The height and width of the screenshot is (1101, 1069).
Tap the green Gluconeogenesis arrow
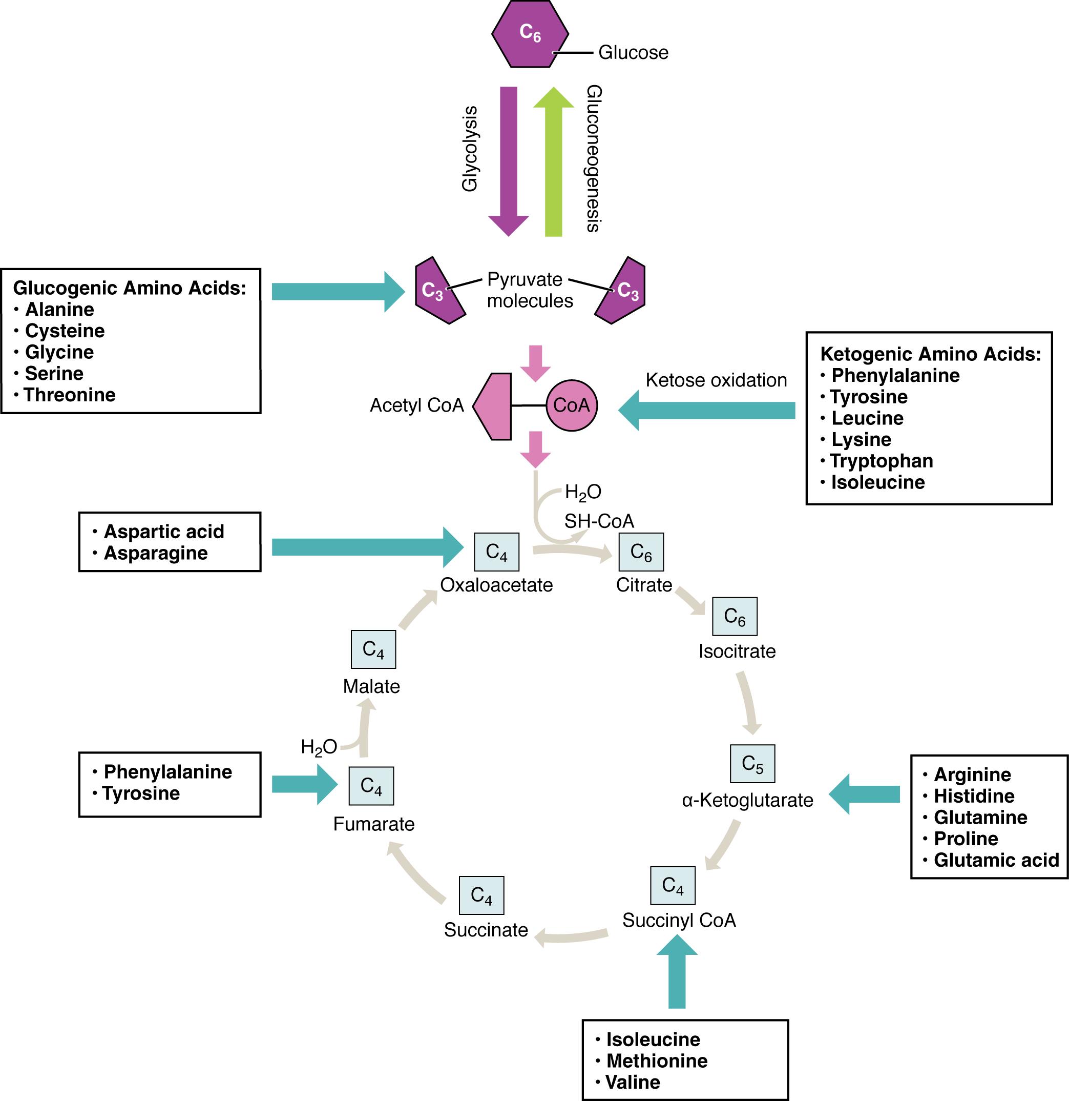[x=553, y=163]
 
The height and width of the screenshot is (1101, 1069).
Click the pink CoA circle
[x=571, y=405]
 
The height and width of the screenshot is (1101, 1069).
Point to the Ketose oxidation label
[x=716, y=380]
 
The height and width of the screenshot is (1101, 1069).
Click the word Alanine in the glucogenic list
[x=59, y=310]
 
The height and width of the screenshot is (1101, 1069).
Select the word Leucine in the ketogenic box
[x=867, y=418]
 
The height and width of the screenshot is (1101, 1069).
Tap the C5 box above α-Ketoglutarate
[x=752, y=764]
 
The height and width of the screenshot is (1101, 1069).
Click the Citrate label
[x=644, y=585]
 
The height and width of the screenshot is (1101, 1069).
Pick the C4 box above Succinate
[x=481, y=895]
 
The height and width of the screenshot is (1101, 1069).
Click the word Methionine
[x=657, y=1061]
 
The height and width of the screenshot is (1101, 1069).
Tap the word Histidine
[x=974, y=796]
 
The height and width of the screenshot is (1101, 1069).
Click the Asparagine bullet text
[x=156, y=553]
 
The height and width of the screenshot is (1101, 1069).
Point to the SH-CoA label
[x=599, y=521]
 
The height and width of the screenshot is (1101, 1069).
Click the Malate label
[x=371, y=686]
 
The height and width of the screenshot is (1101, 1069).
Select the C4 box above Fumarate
[x=371, y=786]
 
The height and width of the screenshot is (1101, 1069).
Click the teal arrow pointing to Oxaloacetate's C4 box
[x=365, y=547]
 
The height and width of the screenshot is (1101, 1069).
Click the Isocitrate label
[x=737, y=651]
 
